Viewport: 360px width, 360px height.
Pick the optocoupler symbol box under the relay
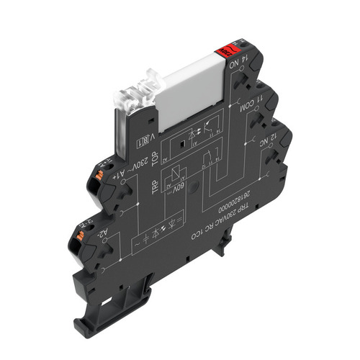click(196, 138)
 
